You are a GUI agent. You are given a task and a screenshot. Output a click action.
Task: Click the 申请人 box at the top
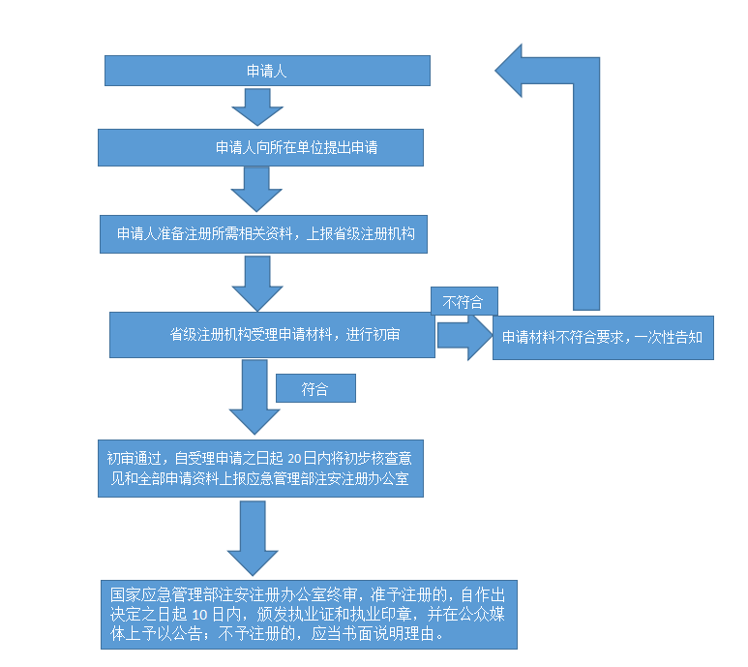pyautogui.click(x=267, y=71)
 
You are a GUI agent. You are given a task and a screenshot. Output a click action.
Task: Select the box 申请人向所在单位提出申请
pyautogui.click(x=260, y=148)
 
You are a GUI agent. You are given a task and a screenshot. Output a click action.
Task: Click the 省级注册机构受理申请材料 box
pyautogui.click(x=272, y=334)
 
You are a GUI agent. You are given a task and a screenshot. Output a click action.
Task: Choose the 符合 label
pyautogui.click(x=315, y=389)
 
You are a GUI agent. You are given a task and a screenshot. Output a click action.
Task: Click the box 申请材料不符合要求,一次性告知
pyautogui.click(x=603, y=338)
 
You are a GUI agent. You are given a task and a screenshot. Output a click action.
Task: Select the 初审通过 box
pyautogui.click(x=260, y=469)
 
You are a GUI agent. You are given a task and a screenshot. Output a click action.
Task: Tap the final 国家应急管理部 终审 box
pyautogui.click(x=309, y=614)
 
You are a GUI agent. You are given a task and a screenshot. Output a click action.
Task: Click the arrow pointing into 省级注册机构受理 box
pyautogui.click(x=256, y=283)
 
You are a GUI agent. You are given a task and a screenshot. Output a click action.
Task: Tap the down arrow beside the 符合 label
pyautogui.click(x=254, y=397)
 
